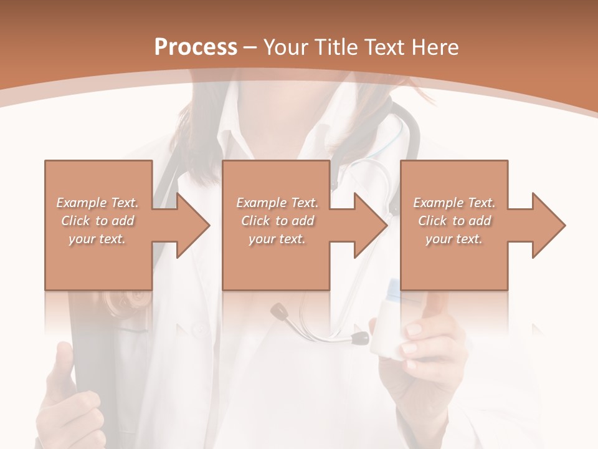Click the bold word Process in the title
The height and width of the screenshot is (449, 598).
click(196, 47)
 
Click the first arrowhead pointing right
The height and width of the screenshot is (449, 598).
click(189, 225)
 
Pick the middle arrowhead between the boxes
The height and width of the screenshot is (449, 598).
click(368, 225)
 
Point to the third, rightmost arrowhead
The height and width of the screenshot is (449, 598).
click(546, 225)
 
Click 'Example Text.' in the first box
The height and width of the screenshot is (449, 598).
click(97, 203)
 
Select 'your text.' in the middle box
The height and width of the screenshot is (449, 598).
click(277, 239)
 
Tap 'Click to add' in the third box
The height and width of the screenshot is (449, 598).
click(455, 221)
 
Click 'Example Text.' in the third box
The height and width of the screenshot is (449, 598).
click(454, 203)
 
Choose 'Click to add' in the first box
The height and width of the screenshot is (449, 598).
click(98, 221)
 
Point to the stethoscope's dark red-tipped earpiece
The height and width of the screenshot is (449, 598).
click(360, 339)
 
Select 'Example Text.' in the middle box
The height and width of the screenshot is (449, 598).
click(277, 203)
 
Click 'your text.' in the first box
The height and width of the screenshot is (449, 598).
click(97, 239)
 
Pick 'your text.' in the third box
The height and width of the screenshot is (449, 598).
click(454, 239)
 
